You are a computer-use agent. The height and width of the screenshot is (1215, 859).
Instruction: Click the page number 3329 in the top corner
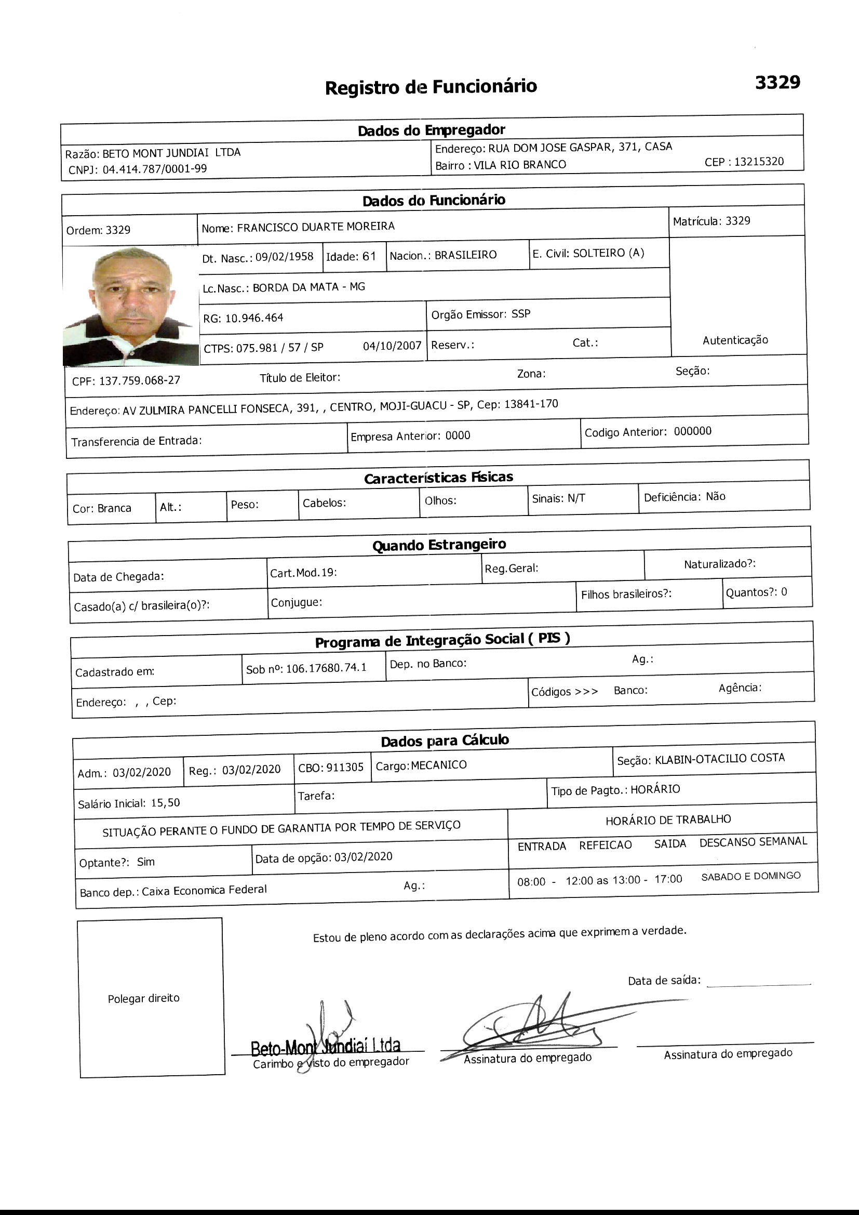[x=777, y=83]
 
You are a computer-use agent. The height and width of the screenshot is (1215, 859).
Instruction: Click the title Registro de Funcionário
[x=431, y=87]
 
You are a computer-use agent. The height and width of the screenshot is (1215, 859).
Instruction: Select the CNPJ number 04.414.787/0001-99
[x=154, y=169]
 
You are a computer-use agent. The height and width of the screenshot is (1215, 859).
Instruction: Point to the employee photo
[x=131, y=306]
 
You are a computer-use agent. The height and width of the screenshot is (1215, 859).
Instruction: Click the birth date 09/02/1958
[x=285, y=257]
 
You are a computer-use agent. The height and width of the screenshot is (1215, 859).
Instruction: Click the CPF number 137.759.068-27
[x=140, y=380]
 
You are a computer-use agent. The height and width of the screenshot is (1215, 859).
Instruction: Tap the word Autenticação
[x=735, y=340]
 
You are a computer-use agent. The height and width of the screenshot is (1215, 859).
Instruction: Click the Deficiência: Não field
[x=684, y=497]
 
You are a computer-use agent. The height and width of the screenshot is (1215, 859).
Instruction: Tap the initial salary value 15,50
[x=165, y=803]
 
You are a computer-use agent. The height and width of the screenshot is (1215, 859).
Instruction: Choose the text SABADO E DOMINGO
[x=750, y=876]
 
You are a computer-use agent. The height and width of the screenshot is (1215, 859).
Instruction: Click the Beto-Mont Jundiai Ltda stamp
[x=325, y=1046]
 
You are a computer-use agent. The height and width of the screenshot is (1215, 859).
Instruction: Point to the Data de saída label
[x=664, y=981]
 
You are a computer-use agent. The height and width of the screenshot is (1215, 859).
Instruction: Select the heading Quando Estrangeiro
[x=439, y=545]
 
